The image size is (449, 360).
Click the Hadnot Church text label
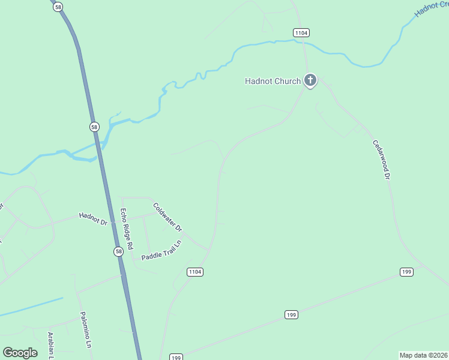click(x=273, y=81)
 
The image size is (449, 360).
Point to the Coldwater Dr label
click(x=167, y=217)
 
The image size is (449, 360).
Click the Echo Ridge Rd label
click(x=125, y=229)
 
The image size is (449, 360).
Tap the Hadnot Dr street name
click(x=92, y=218)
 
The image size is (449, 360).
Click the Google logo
click(x=20, y=353)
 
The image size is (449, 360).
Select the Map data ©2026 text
click(x=423, y=355)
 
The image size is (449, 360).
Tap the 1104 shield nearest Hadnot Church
click(x=301, y=32)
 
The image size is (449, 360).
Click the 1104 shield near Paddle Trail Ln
click(x=195, y=272)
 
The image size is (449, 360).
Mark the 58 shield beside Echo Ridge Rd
click(x=119, y=251)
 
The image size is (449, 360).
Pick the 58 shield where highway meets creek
click(x=94, y=127)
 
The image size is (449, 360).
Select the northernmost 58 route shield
click(x=57, y=7)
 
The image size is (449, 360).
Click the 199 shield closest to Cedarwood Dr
click(x=407, y=272)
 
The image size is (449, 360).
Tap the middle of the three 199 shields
click(x=291, y=314)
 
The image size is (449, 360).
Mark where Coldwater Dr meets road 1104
click(x=208, y=248)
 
